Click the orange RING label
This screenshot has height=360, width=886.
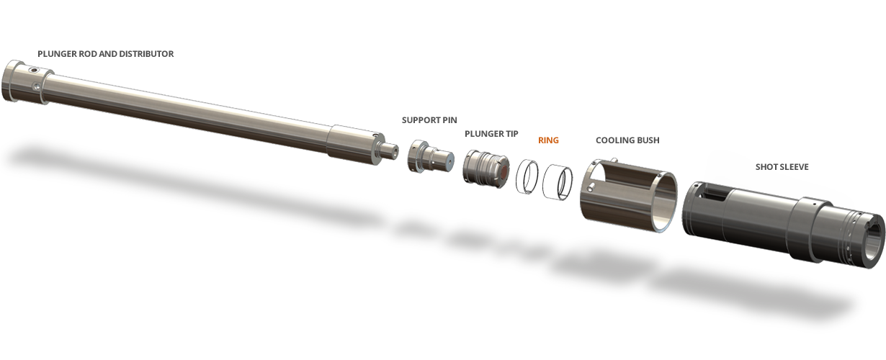[x=548, y=140]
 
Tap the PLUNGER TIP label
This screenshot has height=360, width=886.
[x=491, y=134]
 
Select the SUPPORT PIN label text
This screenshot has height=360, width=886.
[x=429, y=120]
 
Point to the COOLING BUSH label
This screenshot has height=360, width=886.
[x=627, y=140]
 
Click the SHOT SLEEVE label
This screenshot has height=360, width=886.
[x=782, y=167]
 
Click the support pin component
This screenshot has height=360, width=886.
[x=430, y=156]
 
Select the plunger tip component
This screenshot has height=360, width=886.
[x=485, y=169]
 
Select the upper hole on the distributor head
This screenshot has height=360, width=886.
[x=34, y=71]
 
